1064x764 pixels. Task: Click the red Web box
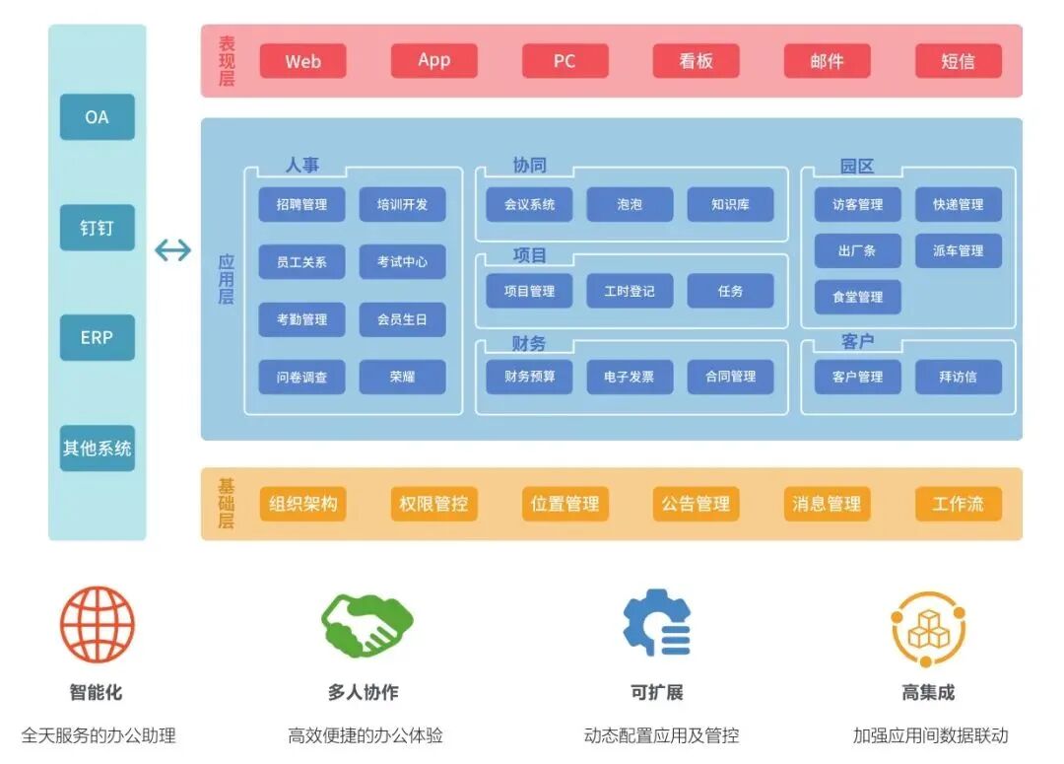(302, 61)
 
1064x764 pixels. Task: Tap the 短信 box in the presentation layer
(958, 61)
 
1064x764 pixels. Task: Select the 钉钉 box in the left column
(97, 228)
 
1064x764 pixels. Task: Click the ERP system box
(97, 337)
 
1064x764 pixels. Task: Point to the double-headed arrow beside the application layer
(173, 250)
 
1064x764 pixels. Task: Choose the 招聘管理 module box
(301, 205)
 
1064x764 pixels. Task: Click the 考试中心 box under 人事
(402, 262)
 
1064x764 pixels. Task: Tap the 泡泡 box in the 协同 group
(630, 205)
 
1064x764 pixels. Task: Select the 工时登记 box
(630, 291)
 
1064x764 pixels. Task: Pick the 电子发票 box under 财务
(630, 377)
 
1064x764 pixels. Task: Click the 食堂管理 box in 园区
(857, 297)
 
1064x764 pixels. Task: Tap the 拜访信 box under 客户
(958, 377)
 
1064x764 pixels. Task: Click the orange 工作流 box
(958, 504)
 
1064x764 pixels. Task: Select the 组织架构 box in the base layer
(302, 504)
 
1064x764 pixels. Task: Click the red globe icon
(97, 625)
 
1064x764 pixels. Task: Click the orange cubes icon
(928, 629)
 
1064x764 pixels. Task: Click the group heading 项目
(529, 255)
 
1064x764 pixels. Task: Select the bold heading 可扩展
(657, 692)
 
